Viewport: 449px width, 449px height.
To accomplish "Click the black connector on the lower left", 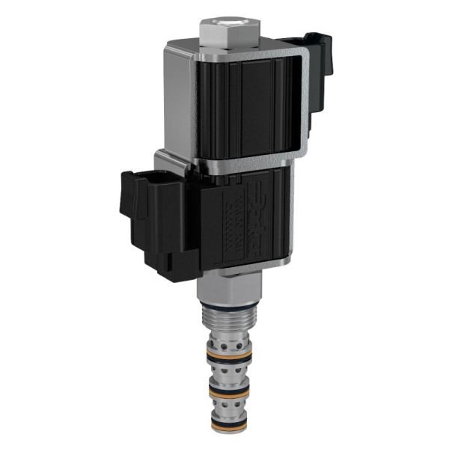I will pyautogui.click(x=150, y=224).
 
